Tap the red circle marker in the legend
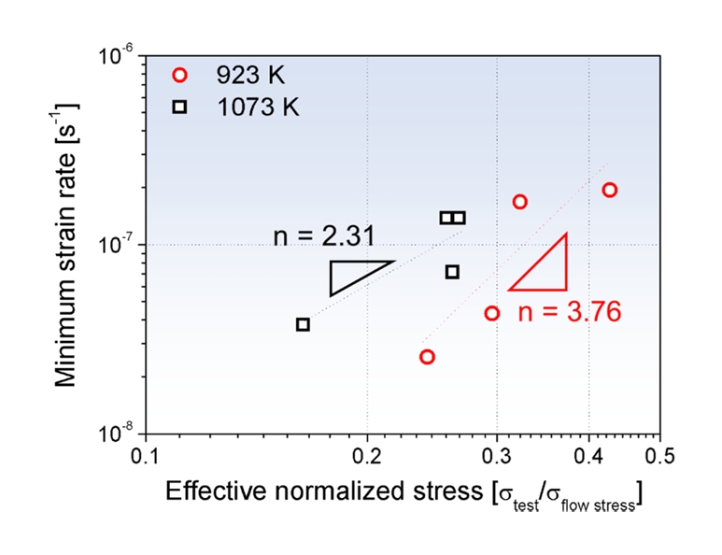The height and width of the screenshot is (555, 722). [x=180, y=76]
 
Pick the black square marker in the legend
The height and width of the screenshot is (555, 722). [x=180, y=107]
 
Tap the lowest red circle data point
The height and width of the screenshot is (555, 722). [x=427, y=357]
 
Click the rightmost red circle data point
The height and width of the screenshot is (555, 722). [x=610, y=190]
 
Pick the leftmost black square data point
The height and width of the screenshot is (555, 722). [x=303, y=324]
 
